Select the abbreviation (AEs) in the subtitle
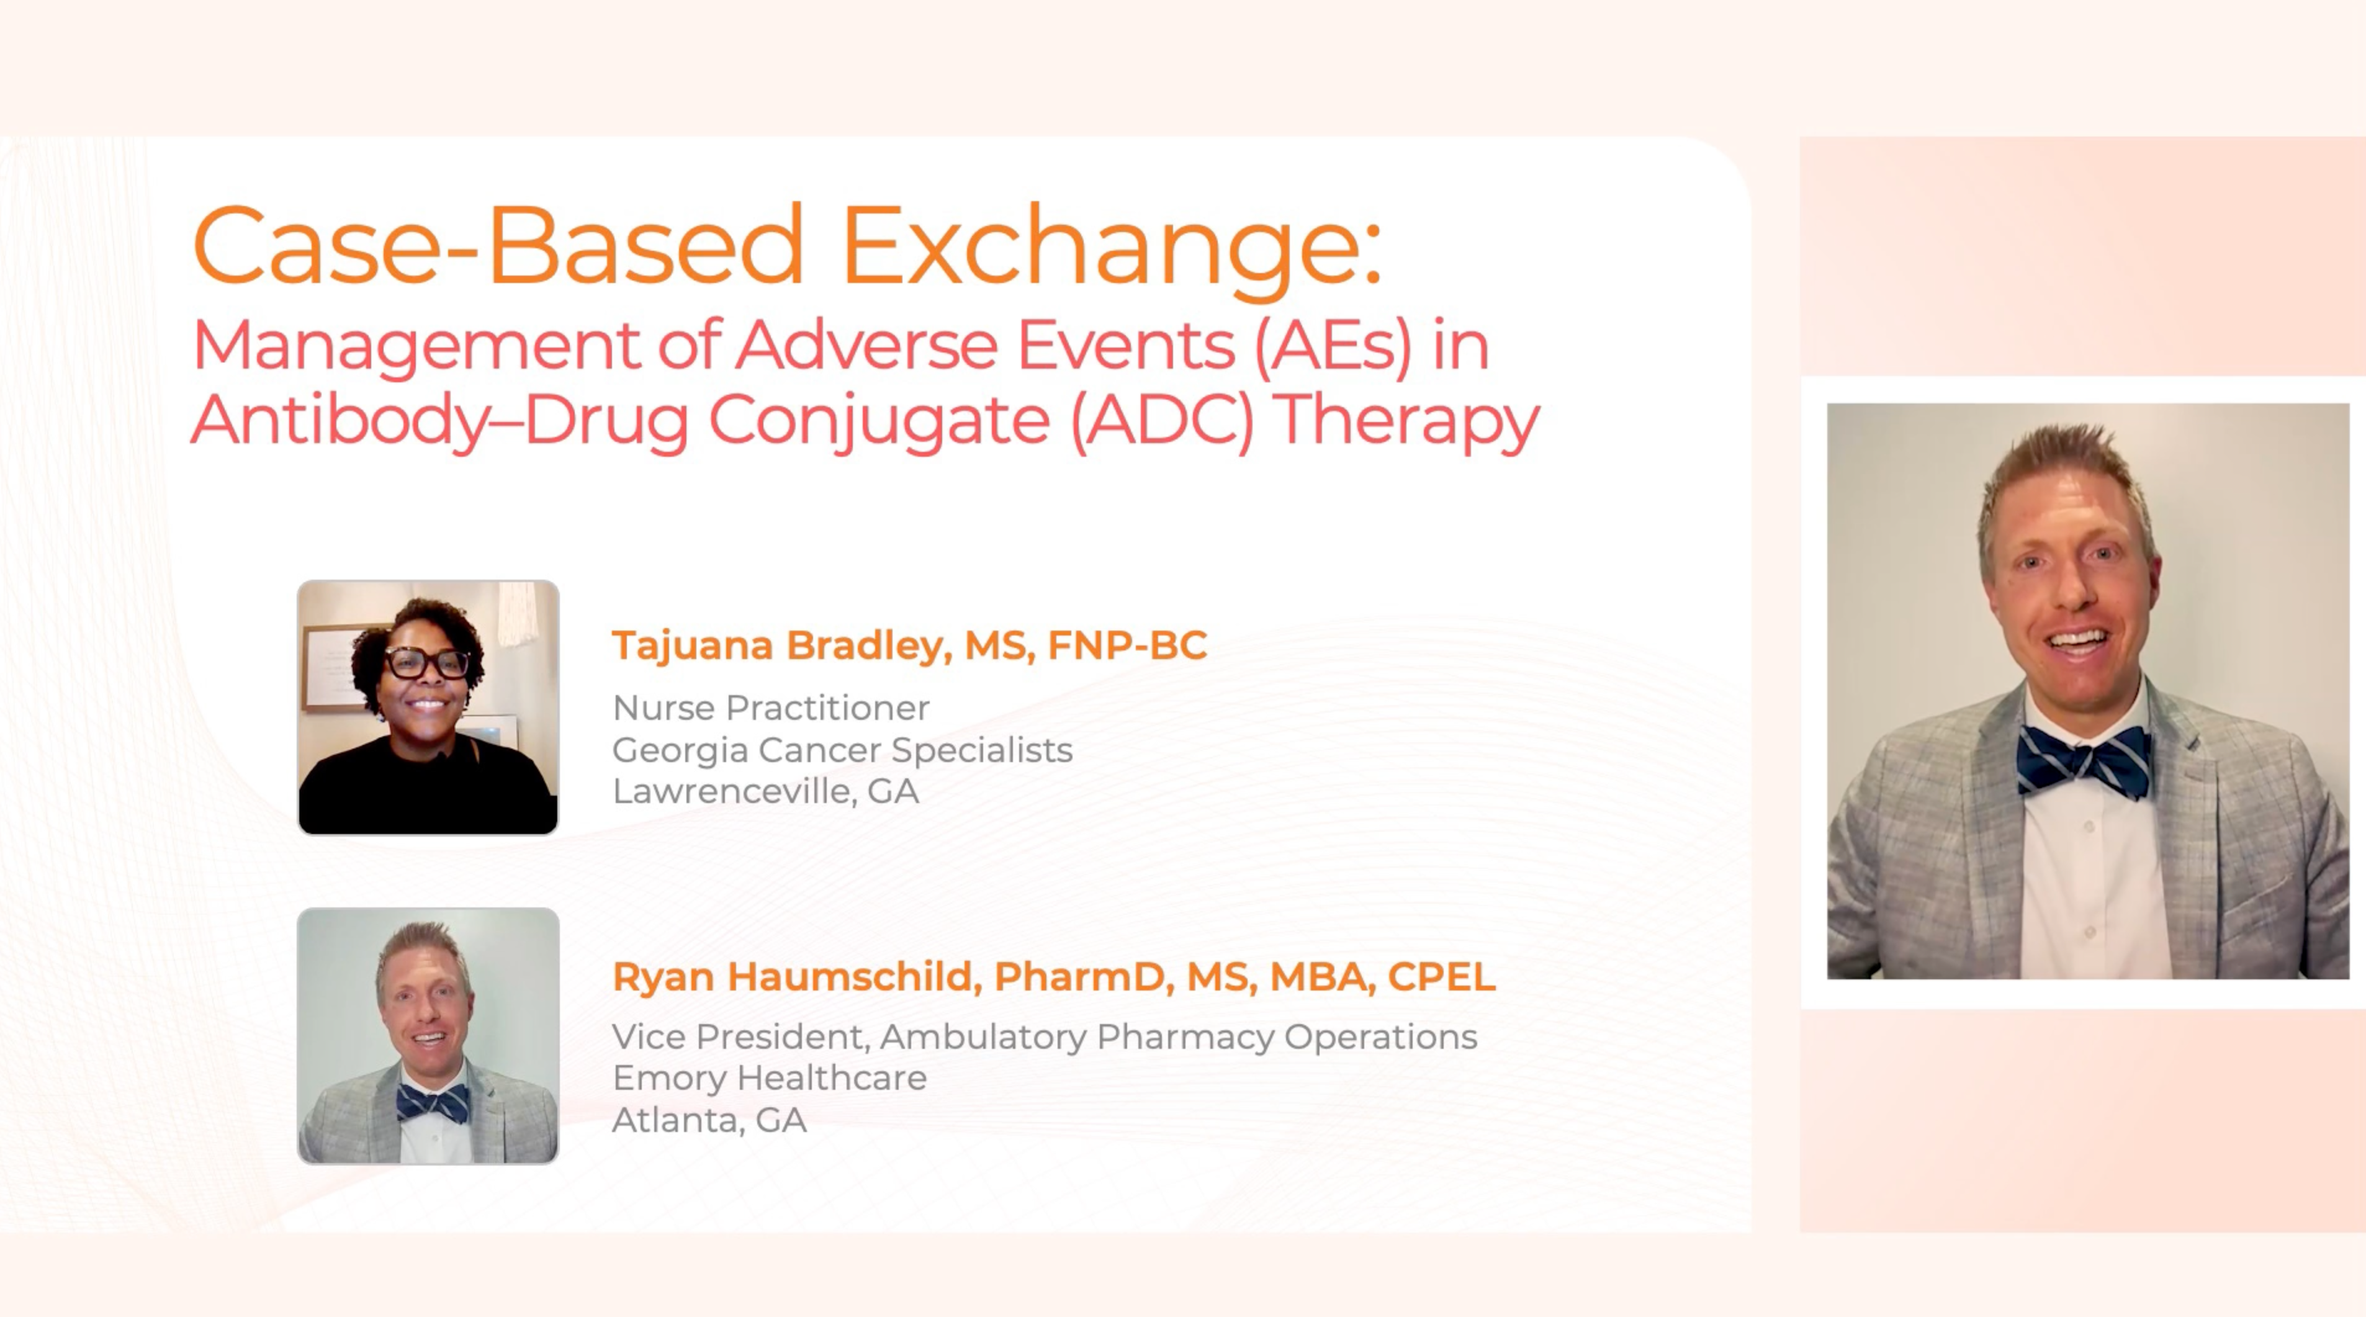pyautogui.click(x=1334, y=347)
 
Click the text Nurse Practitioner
pyautogui.click(x=771, y=708)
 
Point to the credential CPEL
pyautogui.click(x=1441, y=976)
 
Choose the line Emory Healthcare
pyautogui.click(x=770, y=1078)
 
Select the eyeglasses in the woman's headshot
pyautogui.click(x=429, y=662)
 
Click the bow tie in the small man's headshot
pyautogui.click(x=433, y=1103)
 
